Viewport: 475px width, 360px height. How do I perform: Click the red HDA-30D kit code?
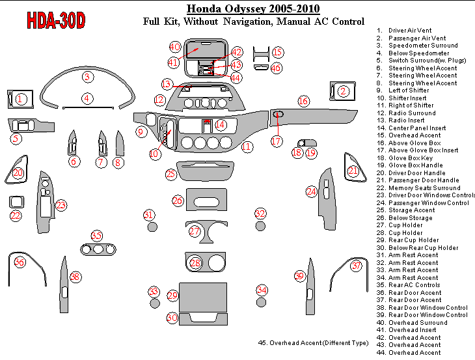tap(56, 21)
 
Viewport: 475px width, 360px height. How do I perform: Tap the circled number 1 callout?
tap(21, 99)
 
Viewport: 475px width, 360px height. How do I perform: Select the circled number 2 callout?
tap(343, 91)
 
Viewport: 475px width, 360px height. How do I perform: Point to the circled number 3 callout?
tap(87, 77)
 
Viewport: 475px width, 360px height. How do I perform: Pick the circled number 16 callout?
tap(303, 101)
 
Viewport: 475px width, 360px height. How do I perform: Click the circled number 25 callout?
tap(170, 174)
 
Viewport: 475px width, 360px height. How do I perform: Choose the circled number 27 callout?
tap(195, 231)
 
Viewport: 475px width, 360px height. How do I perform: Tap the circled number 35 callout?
tap(97, 236)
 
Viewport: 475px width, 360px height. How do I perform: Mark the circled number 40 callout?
tap(174, 47)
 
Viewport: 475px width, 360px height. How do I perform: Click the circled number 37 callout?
tap(356, 266)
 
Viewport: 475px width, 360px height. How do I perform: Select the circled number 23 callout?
tap(61, 205)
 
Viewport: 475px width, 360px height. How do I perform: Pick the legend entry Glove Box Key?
tap(410, 158)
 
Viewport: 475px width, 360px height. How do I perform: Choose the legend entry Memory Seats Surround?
tap(424, 188)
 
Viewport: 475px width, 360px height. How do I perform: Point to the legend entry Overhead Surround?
tap(417, 323)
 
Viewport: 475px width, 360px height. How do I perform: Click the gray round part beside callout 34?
tap(261, 302)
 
